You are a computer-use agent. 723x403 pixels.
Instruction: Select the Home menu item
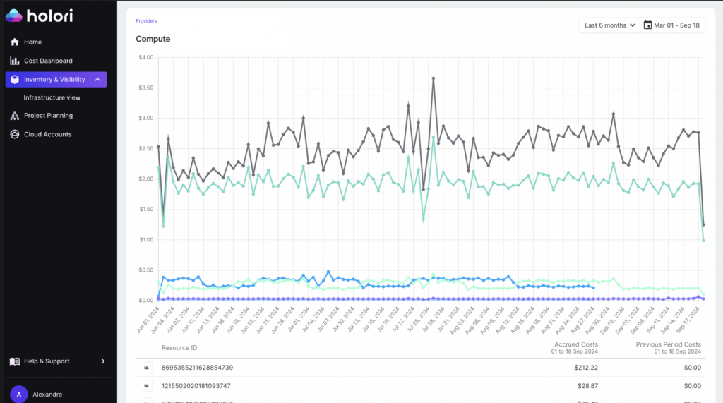[x=32, y=42]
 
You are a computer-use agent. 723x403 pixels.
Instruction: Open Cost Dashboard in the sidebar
[x=48, y=61]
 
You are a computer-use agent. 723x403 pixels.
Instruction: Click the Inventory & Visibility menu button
[x=56, y=80]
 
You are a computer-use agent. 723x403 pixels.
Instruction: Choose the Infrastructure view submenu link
[x=52, y=97]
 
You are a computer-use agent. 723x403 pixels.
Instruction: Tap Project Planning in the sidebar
[x=48, y=116]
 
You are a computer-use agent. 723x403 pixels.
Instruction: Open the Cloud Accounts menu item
[x=47, y=134]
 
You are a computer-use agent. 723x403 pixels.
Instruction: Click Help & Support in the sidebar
[x=47, y=361]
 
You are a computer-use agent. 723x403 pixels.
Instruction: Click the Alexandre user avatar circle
[x=18, y=394]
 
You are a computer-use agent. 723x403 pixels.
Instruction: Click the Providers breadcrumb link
[x=146, y=21]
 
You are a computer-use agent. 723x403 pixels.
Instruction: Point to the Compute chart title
[x=153, y=39]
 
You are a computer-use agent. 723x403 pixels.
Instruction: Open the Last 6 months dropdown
[x=609, y=25]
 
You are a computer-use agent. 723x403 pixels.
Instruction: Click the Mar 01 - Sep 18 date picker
[x=672, y=25]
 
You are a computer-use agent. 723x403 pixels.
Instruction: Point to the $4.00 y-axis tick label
[x=145, y=58]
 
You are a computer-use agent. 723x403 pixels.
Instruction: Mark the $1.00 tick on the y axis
[x=145, y=240]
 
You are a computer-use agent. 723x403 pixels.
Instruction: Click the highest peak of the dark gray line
[x=433, y=78]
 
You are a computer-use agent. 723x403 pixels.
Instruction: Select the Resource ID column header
[x=179, y=348]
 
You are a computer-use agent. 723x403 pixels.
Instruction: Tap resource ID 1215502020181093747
[x=197, y=386]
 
